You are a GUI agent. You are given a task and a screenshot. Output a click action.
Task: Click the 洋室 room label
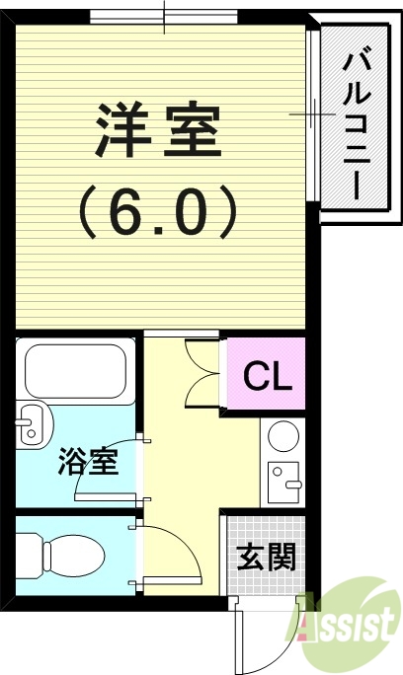click(157, 130)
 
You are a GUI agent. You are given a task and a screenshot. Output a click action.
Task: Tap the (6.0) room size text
click(158, 212)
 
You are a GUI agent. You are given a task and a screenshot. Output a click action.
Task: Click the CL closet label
click(268, 375)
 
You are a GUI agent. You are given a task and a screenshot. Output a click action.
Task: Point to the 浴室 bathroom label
click(88, 461)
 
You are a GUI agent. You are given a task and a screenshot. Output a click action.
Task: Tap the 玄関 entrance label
click(267, 557)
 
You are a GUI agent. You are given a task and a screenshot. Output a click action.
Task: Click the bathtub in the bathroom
click(75, 371)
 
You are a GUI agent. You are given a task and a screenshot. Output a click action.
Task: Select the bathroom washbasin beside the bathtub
click(34, 425)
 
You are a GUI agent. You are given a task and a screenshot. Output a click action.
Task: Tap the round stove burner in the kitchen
click(283, 435)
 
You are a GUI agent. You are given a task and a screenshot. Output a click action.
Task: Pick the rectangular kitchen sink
click(283, 483)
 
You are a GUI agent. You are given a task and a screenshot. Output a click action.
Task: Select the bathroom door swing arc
click(96, 456)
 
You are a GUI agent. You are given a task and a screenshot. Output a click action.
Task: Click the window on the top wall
click(164, 17)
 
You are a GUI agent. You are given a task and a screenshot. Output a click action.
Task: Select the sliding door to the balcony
click(313, 114)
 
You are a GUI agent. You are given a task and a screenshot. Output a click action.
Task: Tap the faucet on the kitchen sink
click(293, 484)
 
